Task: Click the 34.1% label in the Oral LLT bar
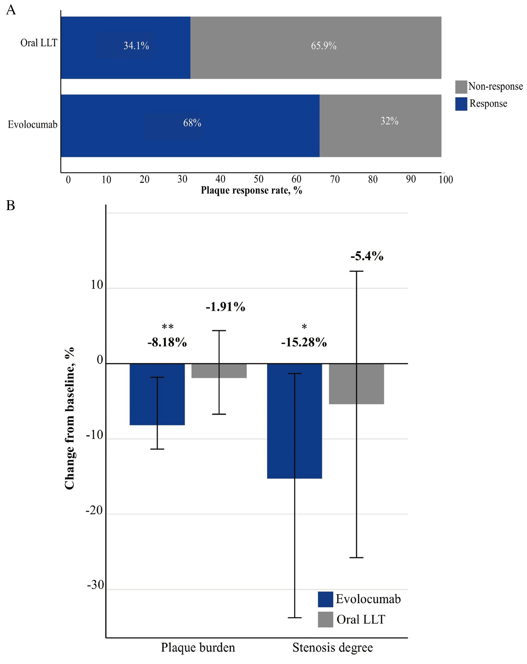136,46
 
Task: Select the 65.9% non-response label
324,46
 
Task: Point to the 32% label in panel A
389,121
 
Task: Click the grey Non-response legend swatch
461,87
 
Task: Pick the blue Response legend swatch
461,104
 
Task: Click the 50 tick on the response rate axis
258,179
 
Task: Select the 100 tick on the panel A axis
446,179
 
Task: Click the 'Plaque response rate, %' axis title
251,190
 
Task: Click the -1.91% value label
225,307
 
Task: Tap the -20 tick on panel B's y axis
94,510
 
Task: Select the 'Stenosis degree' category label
332,647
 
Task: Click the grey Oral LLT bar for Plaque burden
219,371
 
